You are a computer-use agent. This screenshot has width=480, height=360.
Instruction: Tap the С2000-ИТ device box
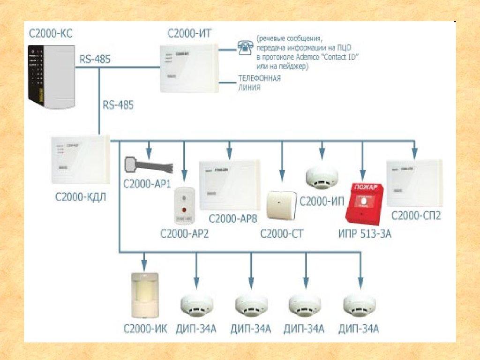tap(188, 67)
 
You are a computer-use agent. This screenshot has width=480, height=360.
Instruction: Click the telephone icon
tap(244, 46)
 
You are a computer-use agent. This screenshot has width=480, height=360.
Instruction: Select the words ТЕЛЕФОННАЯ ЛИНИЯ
tap(259, 82)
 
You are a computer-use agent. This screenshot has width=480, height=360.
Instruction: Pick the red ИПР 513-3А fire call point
tap(364, 204)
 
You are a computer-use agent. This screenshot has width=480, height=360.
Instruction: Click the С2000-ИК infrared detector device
tap(145, 292)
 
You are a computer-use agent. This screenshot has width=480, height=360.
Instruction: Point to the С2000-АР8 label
tap(231, 219)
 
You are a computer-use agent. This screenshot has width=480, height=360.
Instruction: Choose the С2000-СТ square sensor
tap(281, 204)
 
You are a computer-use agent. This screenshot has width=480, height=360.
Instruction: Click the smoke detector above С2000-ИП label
tap(322, 178)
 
